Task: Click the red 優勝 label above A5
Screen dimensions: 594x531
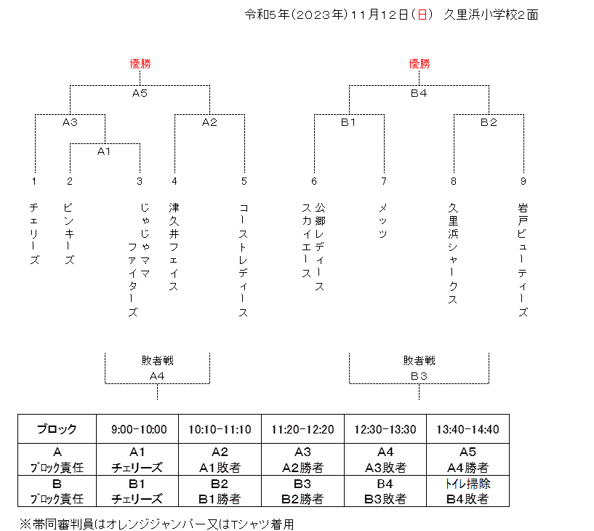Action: click(140, 64)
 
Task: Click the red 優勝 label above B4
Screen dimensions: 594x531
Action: click(420, 64)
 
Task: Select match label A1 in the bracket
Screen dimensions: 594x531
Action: click(104, 151)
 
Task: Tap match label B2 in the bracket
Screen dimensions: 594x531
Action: click(489, 122)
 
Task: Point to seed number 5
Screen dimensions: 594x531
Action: click(244, 181)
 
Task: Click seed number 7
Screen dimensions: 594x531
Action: click(384, 181)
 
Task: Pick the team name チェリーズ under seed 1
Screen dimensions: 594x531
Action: click(34, 233)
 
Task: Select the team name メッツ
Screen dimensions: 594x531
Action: click(383, 220)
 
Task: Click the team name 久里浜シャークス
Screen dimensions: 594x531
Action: click(453, 254)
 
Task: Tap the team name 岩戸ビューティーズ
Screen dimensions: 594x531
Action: click(523, 260)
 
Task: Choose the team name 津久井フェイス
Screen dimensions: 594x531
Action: click(174, 247)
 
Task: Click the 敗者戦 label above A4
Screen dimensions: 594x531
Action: click(158, 360)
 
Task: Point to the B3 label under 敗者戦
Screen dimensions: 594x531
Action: click(419, 376)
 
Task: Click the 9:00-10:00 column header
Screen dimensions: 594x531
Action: click(139, 429)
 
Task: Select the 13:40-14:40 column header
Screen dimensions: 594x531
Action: click(467, 429)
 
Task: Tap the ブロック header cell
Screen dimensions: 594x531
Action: click(57, 429)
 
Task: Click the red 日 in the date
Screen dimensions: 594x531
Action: click(422, 15)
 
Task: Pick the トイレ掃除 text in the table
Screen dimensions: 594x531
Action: click(467, 484)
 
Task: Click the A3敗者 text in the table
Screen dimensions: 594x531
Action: click(385, 468)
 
